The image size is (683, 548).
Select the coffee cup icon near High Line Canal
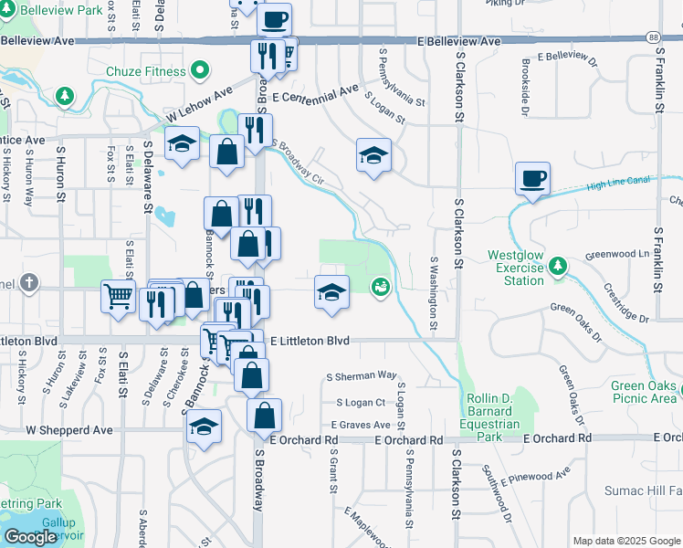click(532, 177)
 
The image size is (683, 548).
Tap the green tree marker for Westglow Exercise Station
click(557, 267)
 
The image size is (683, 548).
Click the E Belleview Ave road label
click(459, 42)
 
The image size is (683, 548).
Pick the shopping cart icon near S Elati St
click(119, 296)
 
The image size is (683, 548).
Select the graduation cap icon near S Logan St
click(373, 155)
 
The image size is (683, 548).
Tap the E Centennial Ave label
click(315, 95)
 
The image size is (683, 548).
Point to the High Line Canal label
click(618, 183)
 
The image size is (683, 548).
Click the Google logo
click(30, 537)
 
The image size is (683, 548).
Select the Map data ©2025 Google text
click(625, 541)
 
